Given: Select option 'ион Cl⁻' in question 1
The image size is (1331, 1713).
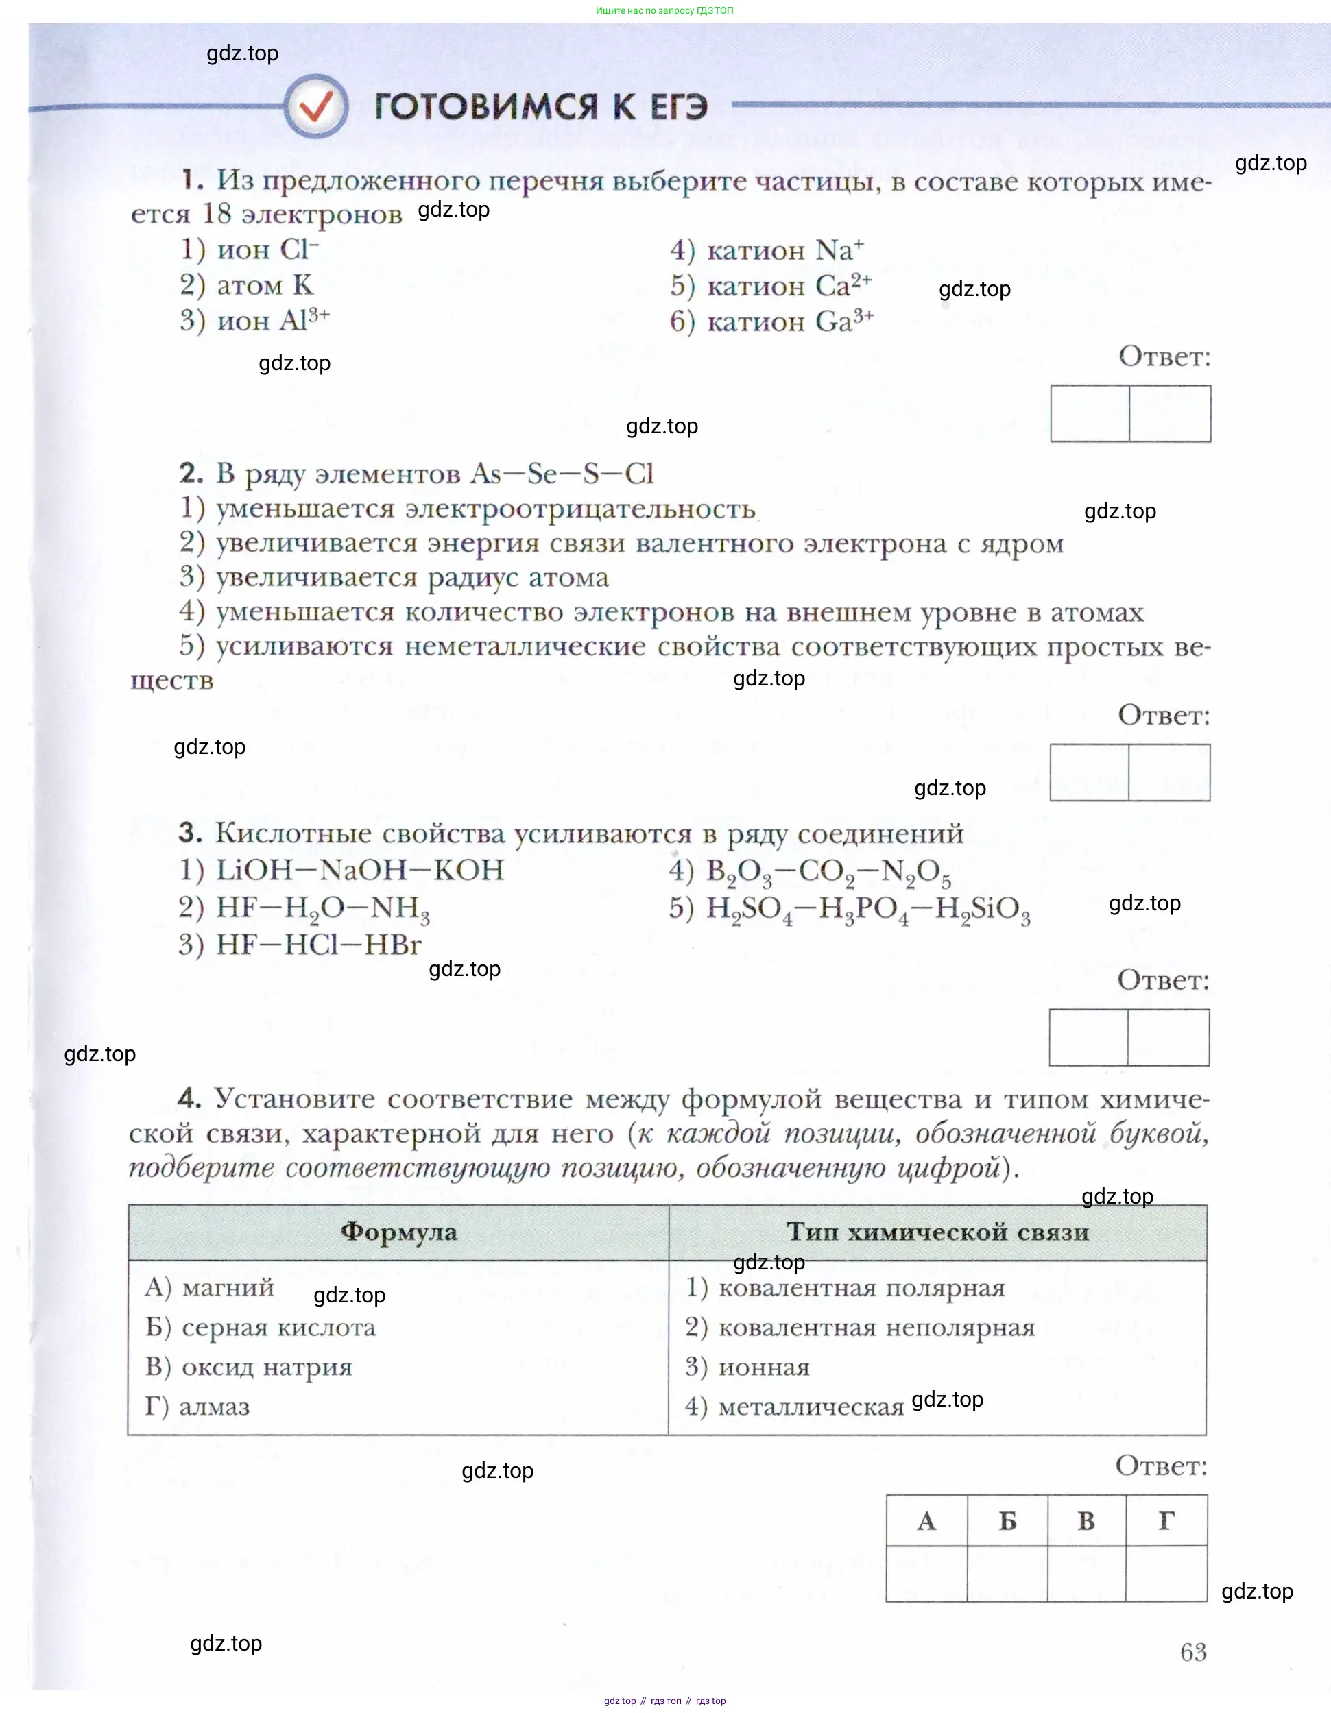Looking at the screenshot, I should click(267, 250).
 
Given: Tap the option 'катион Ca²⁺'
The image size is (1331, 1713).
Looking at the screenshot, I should click(789, 285).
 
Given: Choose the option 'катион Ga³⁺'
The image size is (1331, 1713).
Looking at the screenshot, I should click(789, 321).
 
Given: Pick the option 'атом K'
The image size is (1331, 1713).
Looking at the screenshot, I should click(265, 284).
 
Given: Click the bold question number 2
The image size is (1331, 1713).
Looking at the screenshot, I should click(191, 473).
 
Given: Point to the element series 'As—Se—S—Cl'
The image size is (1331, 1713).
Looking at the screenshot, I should click(561, 473).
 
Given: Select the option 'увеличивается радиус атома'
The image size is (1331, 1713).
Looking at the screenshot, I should click(412, 577).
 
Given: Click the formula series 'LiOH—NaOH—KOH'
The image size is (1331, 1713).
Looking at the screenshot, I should click(359, 870).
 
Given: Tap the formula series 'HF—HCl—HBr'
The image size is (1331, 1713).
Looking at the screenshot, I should click(319, 945).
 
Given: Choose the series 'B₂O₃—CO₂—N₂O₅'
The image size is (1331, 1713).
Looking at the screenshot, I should click(828, 871).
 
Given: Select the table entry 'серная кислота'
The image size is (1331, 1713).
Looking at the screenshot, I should click(278, 1327).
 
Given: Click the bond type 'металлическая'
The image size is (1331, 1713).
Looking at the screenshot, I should click(811, 1407).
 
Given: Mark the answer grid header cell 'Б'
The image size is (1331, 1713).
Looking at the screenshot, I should click(1007, 1521).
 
